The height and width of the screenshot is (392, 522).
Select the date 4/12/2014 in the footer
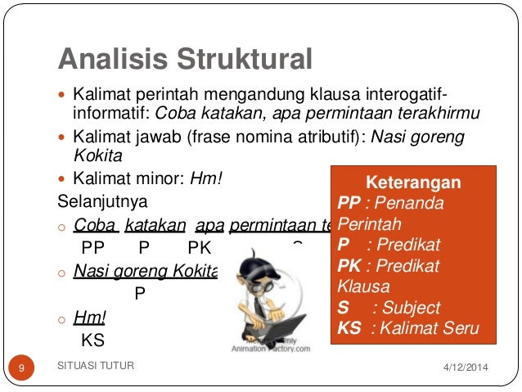464,366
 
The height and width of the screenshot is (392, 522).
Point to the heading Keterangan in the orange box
412,182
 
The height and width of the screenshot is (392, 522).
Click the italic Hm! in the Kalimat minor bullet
206,178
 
